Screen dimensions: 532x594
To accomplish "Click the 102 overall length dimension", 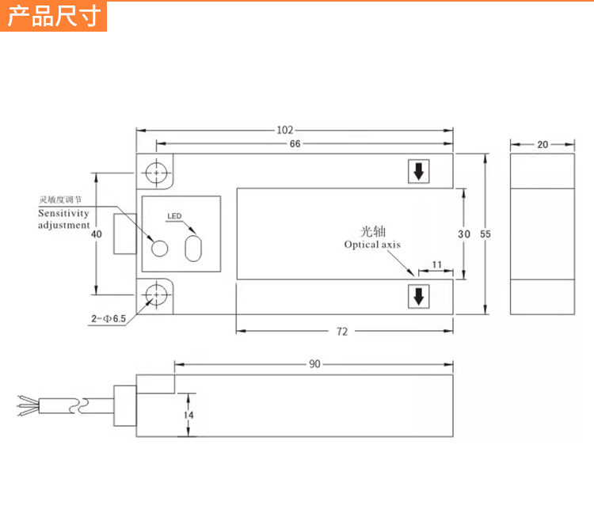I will [x=285, y=130].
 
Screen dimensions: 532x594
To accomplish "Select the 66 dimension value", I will [x=295, y=143].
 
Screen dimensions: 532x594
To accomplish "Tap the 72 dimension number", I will [x=342, y=332].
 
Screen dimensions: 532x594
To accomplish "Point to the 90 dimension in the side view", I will [x=314, y=364].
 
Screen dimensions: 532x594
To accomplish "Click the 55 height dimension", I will [x=485, y=234].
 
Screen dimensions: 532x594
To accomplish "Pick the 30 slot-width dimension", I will [x=464, y=234].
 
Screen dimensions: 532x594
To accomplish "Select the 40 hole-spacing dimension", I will [x=97, y=234].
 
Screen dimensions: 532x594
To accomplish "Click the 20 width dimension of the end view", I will [x=543, y=144].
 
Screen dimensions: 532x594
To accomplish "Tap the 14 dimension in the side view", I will [x=188, y=415].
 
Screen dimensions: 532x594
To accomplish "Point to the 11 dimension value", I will [x=436, y=264].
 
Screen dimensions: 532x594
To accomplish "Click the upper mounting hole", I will [x=158, y=173].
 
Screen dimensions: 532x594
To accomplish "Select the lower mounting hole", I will [x=158, y=295].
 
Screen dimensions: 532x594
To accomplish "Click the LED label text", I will [x=174, y=216].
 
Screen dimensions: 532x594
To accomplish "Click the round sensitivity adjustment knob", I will [x=159, y=248].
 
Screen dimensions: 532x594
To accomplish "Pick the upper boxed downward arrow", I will [x=418, y=171].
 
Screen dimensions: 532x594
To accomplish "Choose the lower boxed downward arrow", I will [x=418, y=297].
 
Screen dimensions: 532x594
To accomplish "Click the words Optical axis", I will [x=372, y=245].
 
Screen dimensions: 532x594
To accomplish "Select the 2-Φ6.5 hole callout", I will [x=109, y=318].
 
